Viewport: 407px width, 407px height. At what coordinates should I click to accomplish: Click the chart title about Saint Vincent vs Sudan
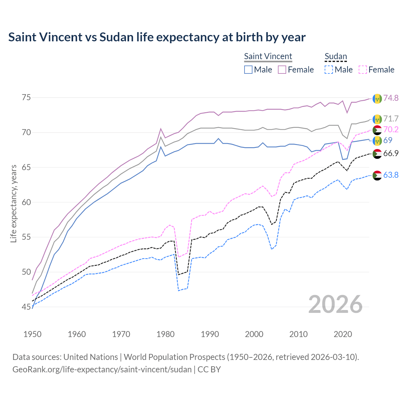[x=157, y=37]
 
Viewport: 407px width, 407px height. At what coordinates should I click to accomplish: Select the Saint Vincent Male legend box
[x=248, y=70]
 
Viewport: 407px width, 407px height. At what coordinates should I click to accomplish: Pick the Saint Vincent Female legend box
[x=282, y=70]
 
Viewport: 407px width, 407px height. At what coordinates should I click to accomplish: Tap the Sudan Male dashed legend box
[x=329, y=70]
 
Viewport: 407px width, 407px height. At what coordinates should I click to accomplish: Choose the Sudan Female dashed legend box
[x=363, y=70]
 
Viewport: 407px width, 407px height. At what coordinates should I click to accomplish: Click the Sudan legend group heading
[x=335, y=56]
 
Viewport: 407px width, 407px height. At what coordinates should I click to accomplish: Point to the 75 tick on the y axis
[x=26, y=97]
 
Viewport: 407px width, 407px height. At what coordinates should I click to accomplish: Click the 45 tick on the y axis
[x=26, y=307]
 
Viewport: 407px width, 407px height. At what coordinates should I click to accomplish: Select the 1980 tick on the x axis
[x=166, y=334]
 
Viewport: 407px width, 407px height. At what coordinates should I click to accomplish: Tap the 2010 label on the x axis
[x=299, y=334]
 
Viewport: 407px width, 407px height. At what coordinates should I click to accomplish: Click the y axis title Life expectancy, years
[x=14, y=203]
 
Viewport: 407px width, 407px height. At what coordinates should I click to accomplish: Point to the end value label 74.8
[x=391, y=98]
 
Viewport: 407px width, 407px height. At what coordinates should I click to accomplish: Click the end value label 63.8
[x=391, y=175]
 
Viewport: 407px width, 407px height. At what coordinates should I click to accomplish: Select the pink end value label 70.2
[x=391, y=129]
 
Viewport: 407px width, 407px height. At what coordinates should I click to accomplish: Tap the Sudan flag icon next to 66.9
[x=377, y=154]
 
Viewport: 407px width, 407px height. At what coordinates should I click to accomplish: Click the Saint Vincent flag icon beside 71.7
[x=377, y=119]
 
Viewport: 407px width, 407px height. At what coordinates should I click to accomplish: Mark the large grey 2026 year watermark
[x=335, y=304]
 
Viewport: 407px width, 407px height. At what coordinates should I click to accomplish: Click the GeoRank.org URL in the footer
[x=102, y=369]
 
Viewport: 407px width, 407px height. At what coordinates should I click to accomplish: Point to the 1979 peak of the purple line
[x=161, y=128]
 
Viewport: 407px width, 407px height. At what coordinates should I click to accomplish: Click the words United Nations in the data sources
[x=91, y=357]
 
